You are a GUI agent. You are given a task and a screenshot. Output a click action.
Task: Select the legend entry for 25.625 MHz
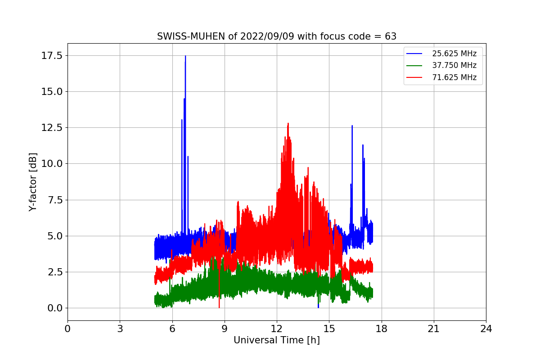pyautogui.click(x=441, y=54)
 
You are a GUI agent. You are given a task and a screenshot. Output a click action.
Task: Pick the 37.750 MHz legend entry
pyautogui.click(x=441, y=65)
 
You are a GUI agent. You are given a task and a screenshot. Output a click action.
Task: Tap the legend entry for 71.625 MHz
pyautogui.click(x=441, y=77)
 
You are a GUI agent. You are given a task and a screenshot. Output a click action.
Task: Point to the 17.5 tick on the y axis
pyautogui.click(x=52, y=56)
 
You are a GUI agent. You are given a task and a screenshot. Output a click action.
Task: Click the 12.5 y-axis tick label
pyautogui.click(x=52, y=127)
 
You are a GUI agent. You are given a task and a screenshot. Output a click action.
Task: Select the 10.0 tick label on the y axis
pyautogui.click(x=52, y=164)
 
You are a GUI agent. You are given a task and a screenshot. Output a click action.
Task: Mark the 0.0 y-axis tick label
pyautogui.click(x=55, y=308)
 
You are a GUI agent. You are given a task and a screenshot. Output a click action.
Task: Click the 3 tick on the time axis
pyautogui.click(x=120, y=329)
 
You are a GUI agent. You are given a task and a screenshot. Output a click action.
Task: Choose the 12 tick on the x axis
pyautogui.click(x=277, y=329)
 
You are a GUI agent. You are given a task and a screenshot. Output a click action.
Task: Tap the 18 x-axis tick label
pyautogui.click(x=382, y=329)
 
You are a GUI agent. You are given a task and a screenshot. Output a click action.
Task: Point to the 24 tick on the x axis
pyautogui.click(x=486, y=329)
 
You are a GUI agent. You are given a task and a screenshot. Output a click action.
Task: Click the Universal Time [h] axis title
pyautogui.click(x=277, y=340)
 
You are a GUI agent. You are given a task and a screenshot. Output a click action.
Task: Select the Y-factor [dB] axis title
pyautogui.click(x=33, y=182)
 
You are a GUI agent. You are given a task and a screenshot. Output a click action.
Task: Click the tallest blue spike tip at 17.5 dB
pyautogui.click(x=185, y=56)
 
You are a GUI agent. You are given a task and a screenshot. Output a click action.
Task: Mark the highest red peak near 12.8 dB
pyautogui.click(x=288, y=123)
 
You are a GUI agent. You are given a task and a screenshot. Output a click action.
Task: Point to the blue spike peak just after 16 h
pyautogui.click(x=352, y=126)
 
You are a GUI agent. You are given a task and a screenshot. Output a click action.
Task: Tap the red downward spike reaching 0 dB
pyautogui.click(x=219, y=307)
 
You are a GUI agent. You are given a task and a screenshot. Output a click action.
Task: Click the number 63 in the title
pyautogui.click(x=391, y=36)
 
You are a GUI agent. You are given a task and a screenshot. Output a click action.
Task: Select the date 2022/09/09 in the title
pyautogui.click(x=267, y=36)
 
